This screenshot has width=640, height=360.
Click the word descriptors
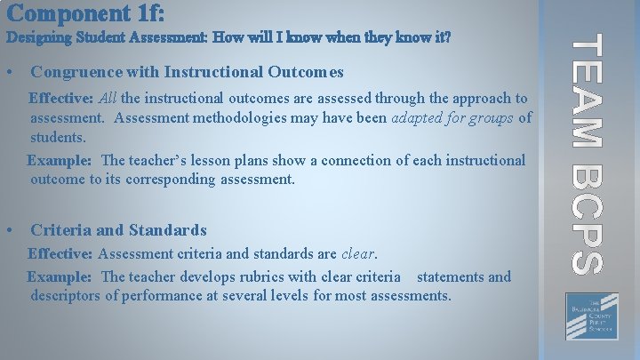(x=65, y=295)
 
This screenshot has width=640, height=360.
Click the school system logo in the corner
(x=586, y=316)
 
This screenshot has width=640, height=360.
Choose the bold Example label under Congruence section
(x=60, y=161)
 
